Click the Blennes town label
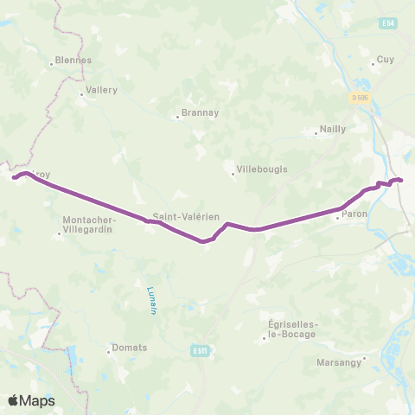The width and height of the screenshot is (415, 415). coord(73,61)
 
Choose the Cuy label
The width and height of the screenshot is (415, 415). coord(386,61)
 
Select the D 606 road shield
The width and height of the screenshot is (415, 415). coord(361,98)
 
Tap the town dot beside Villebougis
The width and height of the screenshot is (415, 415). coord(233,174)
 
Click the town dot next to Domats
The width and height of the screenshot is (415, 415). coord(109,352)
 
